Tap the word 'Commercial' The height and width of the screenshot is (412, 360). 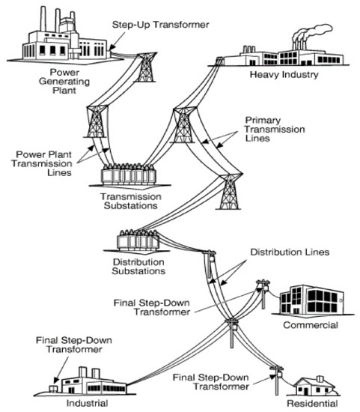click(x=311, y=326)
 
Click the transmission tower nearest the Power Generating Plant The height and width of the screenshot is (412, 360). click(x=144, y=67)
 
